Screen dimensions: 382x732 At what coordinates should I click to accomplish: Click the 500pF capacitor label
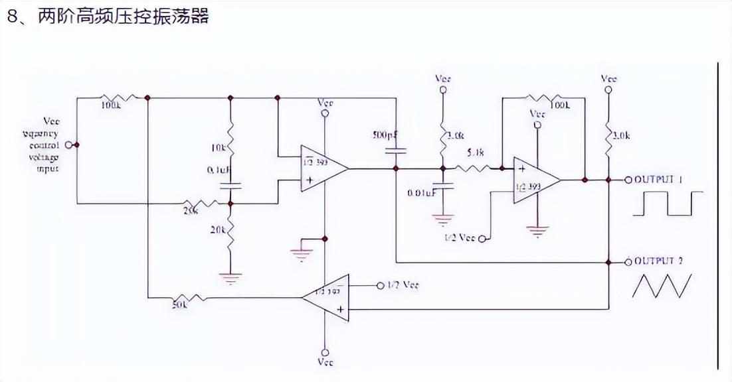pos(385,135)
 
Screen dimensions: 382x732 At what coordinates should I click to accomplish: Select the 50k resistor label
pos(180,304)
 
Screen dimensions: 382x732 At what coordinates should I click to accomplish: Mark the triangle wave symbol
pos(661,285)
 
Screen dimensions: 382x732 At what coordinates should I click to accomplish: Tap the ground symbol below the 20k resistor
pos(230,279)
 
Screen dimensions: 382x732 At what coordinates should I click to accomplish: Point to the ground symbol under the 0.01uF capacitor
pos(442,219)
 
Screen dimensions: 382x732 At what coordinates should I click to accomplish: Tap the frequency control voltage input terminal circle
pos(76,145)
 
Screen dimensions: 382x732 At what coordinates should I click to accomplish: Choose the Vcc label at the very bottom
pos(325,362)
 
